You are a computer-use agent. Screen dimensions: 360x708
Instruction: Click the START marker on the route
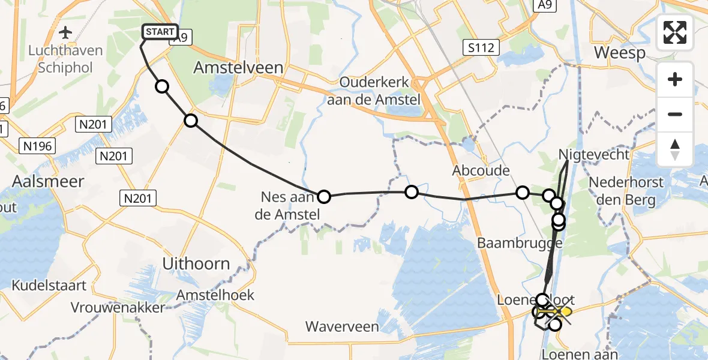[x=160, y=32]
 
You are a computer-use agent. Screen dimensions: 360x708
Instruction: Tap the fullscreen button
[x=675, y=32]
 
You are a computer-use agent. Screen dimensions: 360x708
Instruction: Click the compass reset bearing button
[x=675, y=149]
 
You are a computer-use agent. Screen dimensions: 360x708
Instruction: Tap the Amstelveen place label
[x=238, y=68]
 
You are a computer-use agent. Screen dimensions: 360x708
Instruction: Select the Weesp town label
[x=620, y=53]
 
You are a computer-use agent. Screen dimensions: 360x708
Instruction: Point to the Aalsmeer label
[x=49, y=181]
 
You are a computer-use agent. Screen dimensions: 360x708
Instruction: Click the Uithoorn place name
[x=196, y=263]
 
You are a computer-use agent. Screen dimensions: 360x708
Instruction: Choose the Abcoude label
[x=482, y=170]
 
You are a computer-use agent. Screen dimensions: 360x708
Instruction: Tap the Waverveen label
[x=342, y=327]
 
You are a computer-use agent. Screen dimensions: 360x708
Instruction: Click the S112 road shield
[x=481, y=46]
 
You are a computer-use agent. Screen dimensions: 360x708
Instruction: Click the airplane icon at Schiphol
[x=65, y=32]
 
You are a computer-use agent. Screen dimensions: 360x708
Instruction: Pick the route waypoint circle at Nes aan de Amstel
[x=323, y=196]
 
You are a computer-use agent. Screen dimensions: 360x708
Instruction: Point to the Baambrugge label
[x=520, y=243]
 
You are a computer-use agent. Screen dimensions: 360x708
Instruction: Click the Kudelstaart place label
[x=49, y=286]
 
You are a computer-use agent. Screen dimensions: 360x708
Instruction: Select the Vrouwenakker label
[x=117, y=308]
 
